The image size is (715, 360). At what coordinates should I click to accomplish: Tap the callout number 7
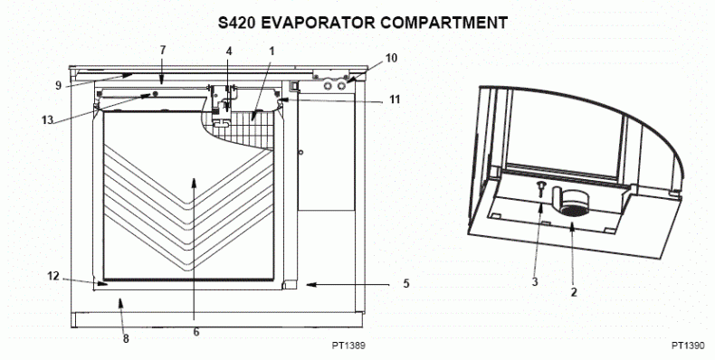[x=163, y=49]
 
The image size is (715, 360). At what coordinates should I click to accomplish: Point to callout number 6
[x=195, y=331]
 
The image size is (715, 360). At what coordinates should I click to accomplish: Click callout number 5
[x=405, y=284]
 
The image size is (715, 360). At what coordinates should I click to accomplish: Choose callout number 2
[x=573, y=292]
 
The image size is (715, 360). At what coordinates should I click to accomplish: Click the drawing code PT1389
[x=349, y=345]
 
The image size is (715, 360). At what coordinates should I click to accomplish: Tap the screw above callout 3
[x=540, y=187]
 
